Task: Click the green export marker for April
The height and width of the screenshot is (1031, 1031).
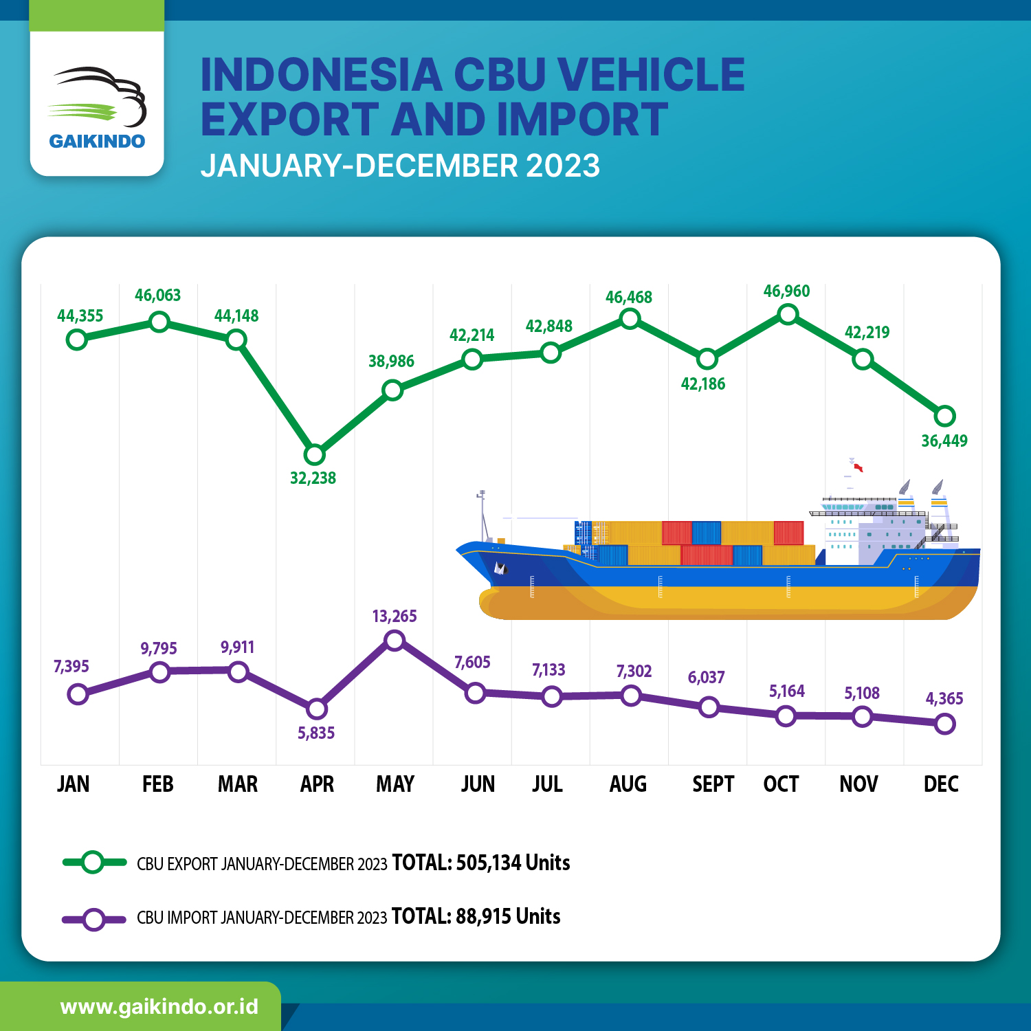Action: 314,454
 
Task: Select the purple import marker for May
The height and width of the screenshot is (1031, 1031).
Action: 395,641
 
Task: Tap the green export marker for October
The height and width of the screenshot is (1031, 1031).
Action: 788,315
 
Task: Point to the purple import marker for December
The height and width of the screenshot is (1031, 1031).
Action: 945,724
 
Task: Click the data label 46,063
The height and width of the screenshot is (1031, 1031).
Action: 157,296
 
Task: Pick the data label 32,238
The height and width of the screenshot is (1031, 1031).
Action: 313,478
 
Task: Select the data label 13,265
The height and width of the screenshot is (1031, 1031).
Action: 395,617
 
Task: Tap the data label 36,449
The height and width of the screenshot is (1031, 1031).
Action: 944,441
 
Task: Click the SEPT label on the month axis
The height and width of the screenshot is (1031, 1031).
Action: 713,784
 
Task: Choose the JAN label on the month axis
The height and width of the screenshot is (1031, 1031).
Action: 73,784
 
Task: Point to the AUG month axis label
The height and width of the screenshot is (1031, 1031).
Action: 628,784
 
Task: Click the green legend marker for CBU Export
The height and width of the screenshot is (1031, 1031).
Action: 93,862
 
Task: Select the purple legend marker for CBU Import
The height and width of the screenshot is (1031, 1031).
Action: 94,919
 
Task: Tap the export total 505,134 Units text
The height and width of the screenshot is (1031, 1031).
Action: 513,863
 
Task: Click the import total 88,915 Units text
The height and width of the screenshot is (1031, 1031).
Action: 508,917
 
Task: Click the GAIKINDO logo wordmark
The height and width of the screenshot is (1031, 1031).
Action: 97,142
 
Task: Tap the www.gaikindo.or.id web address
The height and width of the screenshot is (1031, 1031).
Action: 159,1007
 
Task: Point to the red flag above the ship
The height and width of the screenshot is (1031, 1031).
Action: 858,468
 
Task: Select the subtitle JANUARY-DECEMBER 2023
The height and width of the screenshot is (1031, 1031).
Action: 400,166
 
